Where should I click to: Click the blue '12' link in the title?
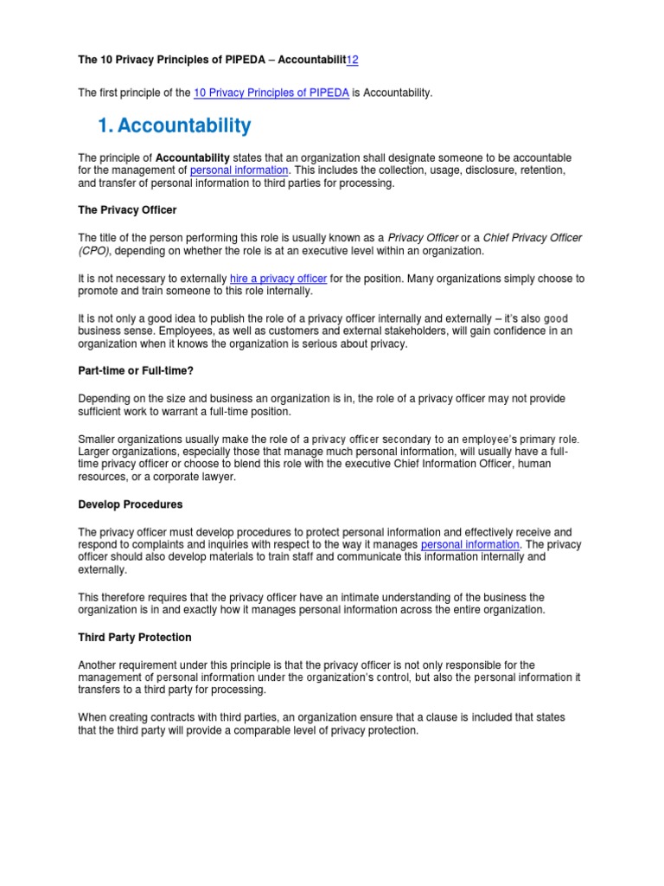point(352,60)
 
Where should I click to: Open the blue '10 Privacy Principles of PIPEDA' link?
point(271,93)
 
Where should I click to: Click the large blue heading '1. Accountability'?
point(175,126)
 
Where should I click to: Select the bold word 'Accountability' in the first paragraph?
point(192,157)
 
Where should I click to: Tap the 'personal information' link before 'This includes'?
point(239,170)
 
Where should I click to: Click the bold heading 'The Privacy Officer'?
point(127,210)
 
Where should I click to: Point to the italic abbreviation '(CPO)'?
point(95,251)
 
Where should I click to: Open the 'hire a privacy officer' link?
point(278,279)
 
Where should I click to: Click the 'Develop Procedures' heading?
point(131,504)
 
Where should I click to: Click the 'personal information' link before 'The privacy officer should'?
point(470,545)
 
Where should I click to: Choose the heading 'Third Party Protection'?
point(135,638)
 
